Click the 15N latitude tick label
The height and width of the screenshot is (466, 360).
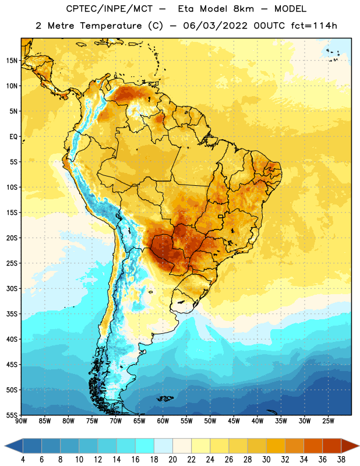tap(12, 61)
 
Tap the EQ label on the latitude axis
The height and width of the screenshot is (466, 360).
tap(13, 137)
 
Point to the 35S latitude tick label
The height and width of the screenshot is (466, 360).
tap(12, 314)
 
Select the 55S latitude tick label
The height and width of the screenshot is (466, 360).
tap(12, 415)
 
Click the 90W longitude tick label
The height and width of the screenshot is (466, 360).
tap(21, 421)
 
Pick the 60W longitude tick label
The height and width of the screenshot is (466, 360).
tap(163, 421)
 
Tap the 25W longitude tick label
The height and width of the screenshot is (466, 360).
tap(328, 421)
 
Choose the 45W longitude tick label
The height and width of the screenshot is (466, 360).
tap(234, 421)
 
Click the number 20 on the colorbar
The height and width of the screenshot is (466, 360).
tap(172, 460)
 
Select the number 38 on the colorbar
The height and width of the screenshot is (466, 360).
tap(341, 460)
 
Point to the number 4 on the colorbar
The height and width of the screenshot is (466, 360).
tap(23, 460)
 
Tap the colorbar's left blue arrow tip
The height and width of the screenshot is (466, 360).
tap(5, 446)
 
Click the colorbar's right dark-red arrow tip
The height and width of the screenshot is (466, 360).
tap(359, 446)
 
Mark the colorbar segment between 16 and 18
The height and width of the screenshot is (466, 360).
tap(144, 446)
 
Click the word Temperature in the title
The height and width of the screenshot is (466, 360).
tap(111, 26)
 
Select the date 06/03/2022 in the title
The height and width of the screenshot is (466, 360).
tap(215, 26)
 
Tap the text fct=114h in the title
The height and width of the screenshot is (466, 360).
tap(314, 26)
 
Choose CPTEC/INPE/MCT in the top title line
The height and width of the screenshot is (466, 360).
tap(109, 9)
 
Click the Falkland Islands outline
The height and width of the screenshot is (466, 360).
tap(165, 398)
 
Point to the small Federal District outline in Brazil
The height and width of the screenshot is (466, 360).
tap(221, 216)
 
